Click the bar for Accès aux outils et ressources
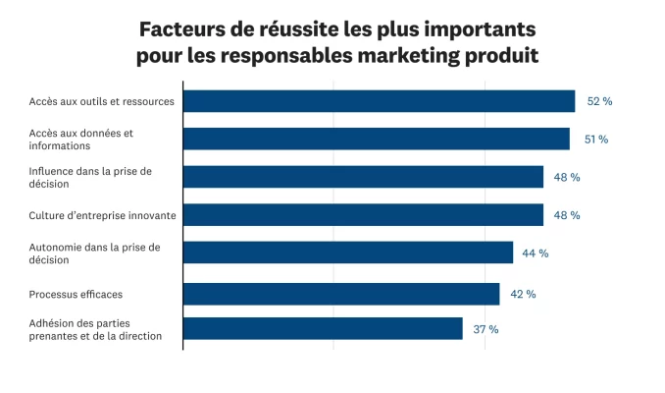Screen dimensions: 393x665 (x=379, y=101)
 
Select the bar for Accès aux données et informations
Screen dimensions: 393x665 (x=376, y=139)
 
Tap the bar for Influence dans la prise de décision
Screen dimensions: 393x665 (x=363, y=177)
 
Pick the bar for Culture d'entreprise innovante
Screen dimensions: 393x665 (x=363, y=215)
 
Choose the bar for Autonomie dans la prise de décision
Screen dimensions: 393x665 (x=347, y=253)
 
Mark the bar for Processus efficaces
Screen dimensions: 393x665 (x=341, y=294)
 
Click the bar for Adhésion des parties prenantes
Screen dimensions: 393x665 (x=323, y=329)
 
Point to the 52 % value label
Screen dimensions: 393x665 (x=599, y=101)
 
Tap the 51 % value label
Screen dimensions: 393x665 (x=595, y=140)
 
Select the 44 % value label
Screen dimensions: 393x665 (x=535, y=253)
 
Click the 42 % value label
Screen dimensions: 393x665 (x=523, y=294)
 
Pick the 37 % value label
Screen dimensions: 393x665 (x=486, y=329)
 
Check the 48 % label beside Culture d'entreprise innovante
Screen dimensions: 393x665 (x=567, y=215)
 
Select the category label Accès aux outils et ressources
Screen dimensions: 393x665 (x=102, y=101)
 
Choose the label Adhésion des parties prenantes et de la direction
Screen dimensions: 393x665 (x=94, y=329)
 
